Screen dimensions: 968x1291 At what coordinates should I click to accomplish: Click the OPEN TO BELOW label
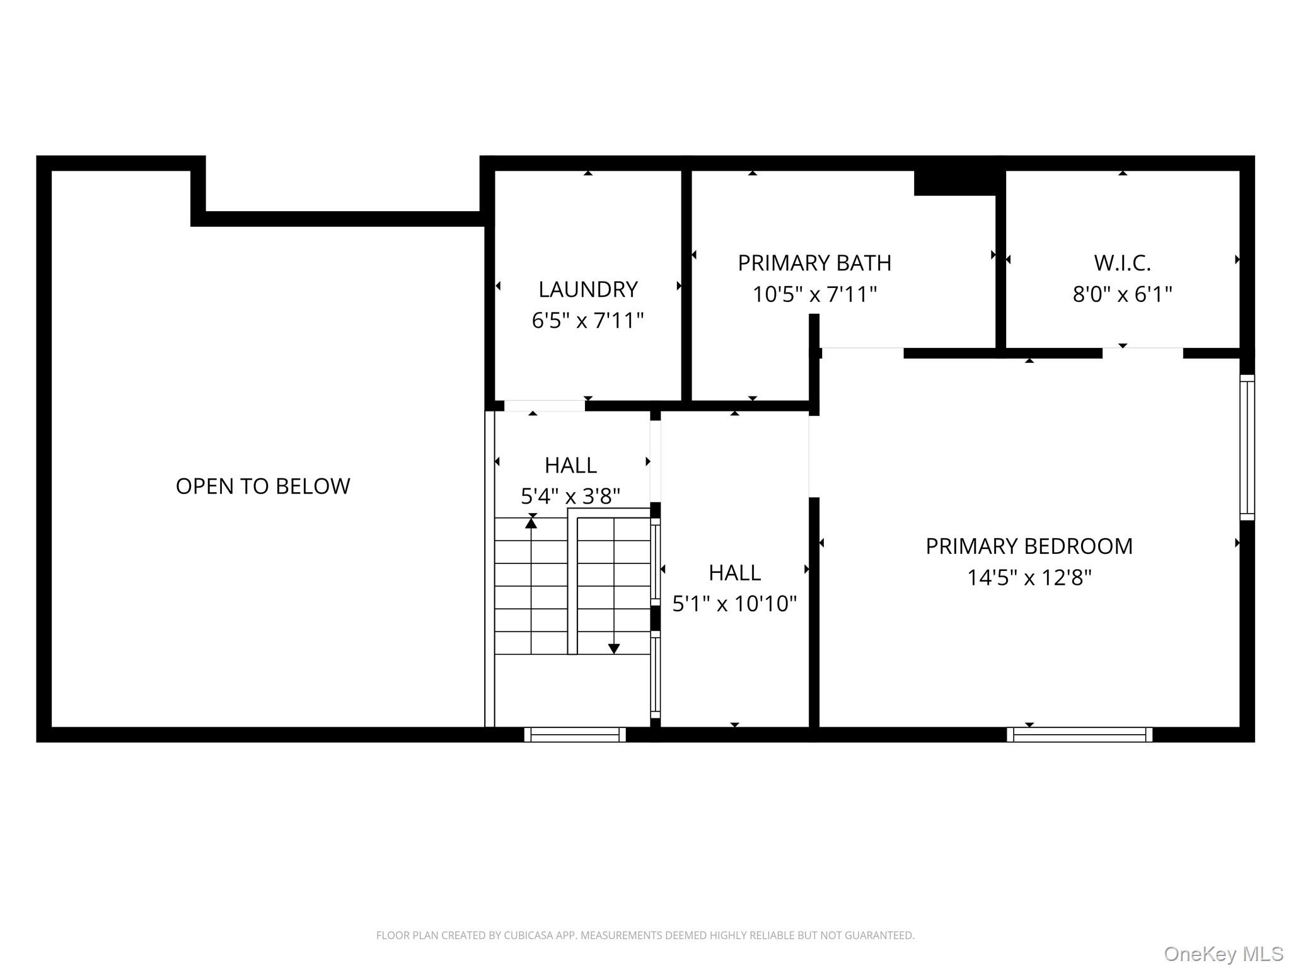click(x=263, y=486)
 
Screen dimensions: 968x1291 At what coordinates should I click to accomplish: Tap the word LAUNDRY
click(x=588, y=289)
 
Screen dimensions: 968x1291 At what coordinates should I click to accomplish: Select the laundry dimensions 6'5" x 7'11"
click(x=588, y=321)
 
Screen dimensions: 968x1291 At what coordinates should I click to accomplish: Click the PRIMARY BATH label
click(x=814, y=263)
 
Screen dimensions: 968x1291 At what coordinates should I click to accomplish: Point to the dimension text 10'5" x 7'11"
click(x=814, y=294)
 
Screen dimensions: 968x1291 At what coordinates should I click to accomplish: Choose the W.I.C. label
click(x=1122, y=263)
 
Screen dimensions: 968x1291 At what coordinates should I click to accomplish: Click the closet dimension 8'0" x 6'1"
click(x=1122, y=294)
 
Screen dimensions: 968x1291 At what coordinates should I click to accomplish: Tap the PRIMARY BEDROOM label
click(x=1029, y=546)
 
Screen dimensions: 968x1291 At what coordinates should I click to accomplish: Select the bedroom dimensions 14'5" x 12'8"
click(x=1029, y=577)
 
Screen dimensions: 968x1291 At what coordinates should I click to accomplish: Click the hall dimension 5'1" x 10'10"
click(x=734, y=604)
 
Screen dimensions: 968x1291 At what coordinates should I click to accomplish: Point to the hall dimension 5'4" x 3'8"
click(x=570, y=497)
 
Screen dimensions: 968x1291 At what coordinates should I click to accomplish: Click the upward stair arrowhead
click(x=531, y=522)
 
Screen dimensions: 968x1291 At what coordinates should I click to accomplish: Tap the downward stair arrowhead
click(x=613, y=648)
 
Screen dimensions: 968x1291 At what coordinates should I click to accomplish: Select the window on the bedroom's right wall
click(x=1247, y=447)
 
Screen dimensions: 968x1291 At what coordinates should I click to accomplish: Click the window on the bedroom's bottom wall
click(x=1079, y=734)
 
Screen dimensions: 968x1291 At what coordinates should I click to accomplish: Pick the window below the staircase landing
click(x=575, y=734)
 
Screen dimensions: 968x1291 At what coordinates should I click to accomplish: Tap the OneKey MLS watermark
click(x=1223, y=954)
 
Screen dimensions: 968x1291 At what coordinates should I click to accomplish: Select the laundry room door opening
click(x=544, y=406)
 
